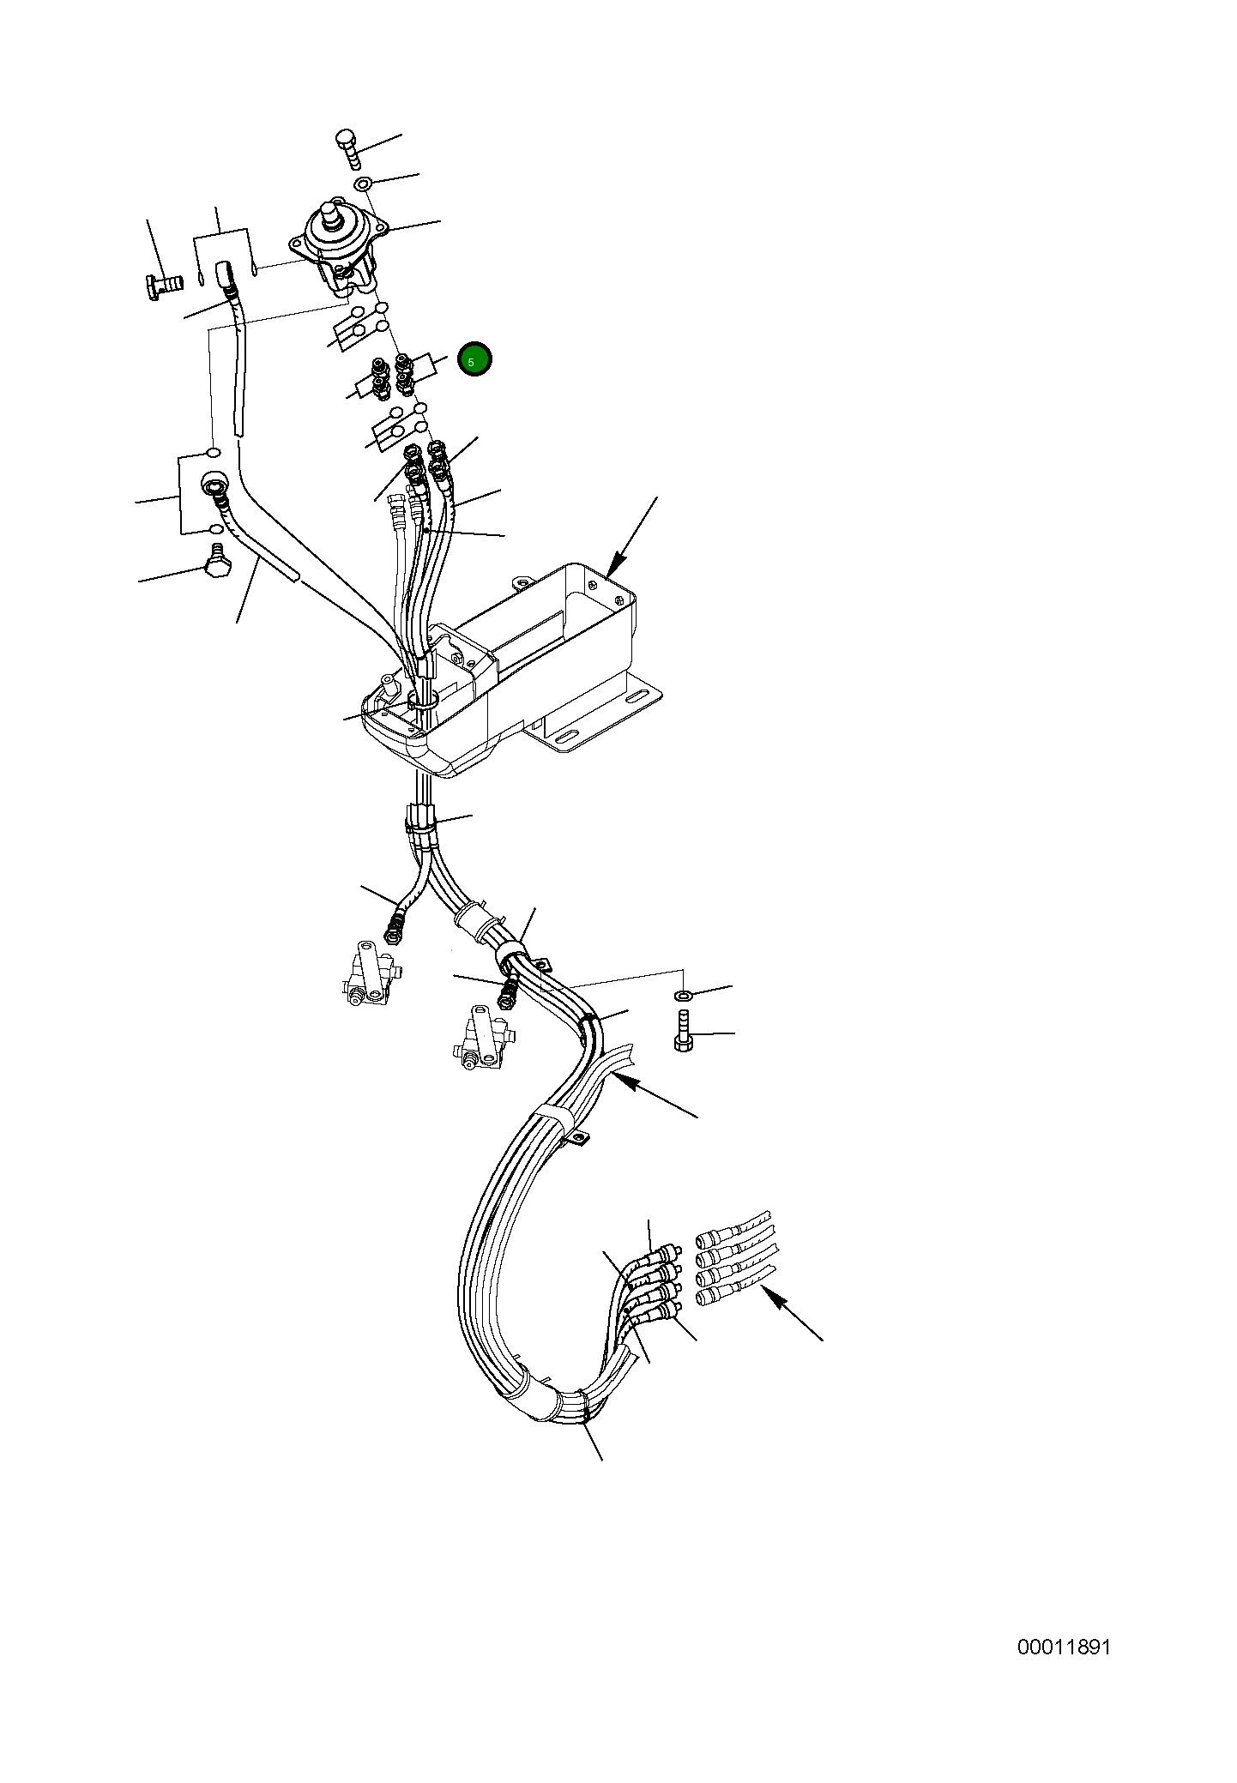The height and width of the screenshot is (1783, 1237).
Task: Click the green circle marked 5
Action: (474, 359)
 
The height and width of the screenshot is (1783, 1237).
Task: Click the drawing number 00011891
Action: (1064, 1647)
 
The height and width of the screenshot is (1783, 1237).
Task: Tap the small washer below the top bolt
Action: (363, 184)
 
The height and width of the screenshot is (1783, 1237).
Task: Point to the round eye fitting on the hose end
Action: (212, 486)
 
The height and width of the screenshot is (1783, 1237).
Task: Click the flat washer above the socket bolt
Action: (684, 995)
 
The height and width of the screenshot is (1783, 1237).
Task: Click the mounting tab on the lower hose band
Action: (579, 1140)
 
